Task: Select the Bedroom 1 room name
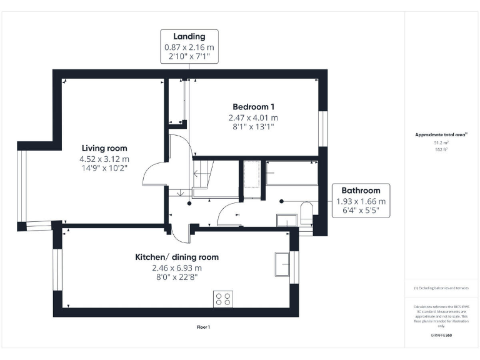point(253,107)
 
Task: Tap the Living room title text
point(104,148)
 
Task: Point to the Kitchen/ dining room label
point(177,257)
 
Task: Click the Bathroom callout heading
point(361,191)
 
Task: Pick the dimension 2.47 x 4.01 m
point(253,117)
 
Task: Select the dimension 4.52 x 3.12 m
point(104,159)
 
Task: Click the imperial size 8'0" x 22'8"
point(177,277)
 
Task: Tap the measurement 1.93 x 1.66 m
point(361,201)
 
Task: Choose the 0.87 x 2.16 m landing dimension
point(189,47)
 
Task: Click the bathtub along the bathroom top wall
point(291,172)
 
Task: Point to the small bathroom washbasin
point(286,220)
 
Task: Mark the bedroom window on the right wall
point(322,129)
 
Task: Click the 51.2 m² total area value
point(441,142)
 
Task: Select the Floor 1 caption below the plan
point(204,327)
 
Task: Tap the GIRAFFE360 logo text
point(441,336)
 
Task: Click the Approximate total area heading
point(441,134)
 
